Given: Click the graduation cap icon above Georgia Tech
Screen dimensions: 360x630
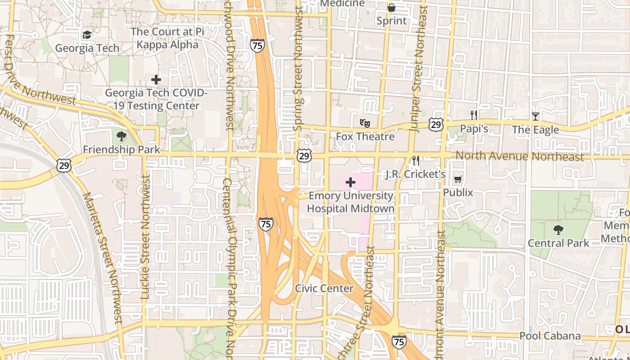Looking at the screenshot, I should tap(87, 35).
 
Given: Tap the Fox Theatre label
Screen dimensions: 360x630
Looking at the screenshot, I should tap(365, 136).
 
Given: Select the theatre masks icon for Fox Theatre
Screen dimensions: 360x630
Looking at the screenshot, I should tap(364, 122).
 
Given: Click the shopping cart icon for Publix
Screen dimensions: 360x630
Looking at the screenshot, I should tap(458, 179).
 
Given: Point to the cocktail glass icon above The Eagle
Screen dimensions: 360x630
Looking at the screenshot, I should tap(535, 116).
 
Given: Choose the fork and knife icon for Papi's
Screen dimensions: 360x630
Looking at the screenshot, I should tap(473, 115).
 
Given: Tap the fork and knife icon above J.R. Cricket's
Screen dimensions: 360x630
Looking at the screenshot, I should tap(416, 160).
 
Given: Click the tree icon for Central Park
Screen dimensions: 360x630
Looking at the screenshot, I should tap(558, 230).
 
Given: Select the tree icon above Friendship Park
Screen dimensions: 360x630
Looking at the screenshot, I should tap(121, 136).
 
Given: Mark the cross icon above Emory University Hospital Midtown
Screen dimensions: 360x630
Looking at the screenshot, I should tap(351, 182).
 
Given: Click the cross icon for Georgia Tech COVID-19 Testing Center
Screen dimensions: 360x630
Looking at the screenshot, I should tap(156, 80).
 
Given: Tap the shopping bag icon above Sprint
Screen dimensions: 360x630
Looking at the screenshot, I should tap(391, 8).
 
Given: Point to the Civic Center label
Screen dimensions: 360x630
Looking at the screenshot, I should tap(324, 288).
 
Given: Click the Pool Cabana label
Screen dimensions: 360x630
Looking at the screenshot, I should tap(550, 336).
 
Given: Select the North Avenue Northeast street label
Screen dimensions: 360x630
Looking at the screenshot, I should tap(519, 157).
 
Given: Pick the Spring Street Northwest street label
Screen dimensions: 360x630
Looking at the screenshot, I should tap(297, 70).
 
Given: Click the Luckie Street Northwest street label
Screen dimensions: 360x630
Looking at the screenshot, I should tap(145, 237).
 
